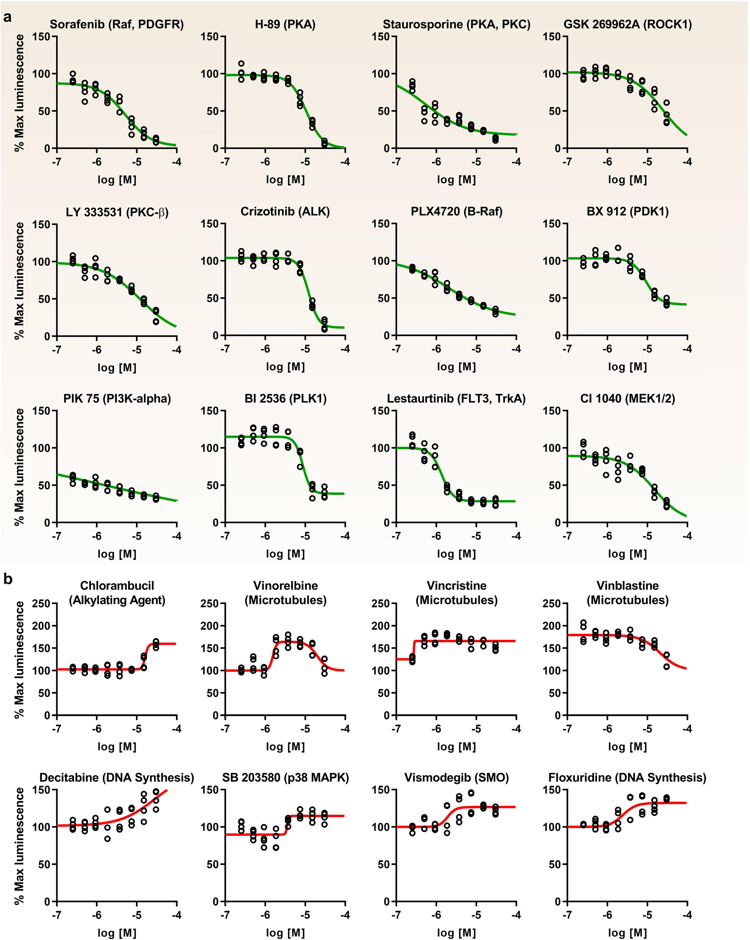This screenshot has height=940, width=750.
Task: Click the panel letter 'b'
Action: [x=7, y=579]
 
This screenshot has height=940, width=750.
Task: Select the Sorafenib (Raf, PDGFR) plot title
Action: [x=116, y=24]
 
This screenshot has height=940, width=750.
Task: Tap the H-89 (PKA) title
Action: [x=285, y=24]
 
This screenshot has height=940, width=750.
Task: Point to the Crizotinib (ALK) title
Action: [x=285, y=211]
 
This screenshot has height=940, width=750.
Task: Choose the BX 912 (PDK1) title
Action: [x=628, y=211]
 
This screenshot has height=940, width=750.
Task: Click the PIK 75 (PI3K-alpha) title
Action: [x=117, y=398]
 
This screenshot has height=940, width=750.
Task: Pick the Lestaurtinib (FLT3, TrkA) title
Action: [x=456, y=398]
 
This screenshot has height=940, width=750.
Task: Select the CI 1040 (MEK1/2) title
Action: [x=628, y=398]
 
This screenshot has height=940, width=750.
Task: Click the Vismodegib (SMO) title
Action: [x=456, y=777]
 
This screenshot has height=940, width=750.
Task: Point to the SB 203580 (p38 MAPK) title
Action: [x=285, y=777]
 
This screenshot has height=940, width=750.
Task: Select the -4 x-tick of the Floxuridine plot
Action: [x=687, y=915]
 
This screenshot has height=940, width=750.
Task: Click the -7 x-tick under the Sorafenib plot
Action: [x=56, y=162]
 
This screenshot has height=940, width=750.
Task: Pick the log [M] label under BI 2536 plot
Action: [x=285, y=554]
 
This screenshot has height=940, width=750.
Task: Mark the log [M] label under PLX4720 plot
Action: [x=456, y=367]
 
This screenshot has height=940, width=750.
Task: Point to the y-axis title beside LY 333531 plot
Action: [x=19, y=281]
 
